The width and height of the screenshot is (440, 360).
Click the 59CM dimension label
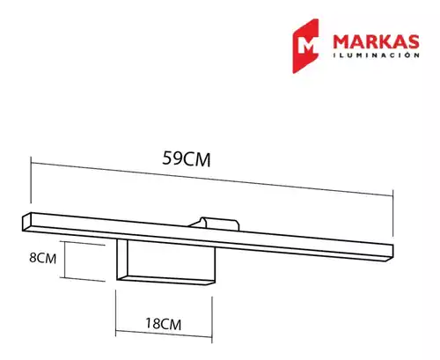(x=187, y=158)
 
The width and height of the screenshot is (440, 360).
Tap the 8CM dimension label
(x=43, y=258)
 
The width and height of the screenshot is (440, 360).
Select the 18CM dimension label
(x=164, y=324)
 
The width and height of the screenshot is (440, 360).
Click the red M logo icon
(x=305, y=46)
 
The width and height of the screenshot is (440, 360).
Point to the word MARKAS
(x=376, y=42)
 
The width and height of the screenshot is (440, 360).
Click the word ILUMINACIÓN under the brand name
(x=377, y=55)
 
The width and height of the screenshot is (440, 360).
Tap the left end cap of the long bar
(x=26, y=222)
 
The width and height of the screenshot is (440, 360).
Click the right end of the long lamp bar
(x=390, y=253)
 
